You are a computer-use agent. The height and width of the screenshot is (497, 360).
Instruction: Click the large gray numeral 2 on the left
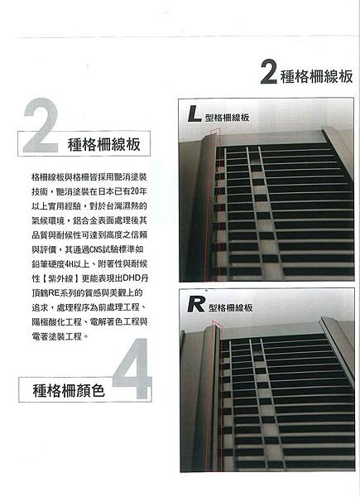41,125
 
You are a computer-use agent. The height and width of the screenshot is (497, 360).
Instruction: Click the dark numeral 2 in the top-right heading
269,72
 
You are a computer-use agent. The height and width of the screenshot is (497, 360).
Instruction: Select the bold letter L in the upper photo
194,114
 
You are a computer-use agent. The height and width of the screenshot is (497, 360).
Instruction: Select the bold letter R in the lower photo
195,304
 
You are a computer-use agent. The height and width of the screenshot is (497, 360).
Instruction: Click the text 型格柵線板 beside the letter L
227,118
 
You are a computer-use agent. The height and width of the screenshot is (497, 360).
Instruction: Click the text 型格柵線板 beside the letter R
231,308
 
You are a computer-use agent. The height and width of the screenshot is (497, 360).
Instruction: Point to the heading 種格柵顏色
69,390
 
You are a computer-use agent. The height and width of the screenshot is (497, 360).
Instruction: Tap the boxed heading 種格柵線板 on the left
103,144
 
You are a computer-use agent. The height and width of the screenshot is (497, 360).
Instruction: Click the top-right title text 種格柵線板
317,76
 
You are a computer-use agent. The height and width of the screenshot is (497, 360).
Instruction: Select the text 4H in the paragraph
68,264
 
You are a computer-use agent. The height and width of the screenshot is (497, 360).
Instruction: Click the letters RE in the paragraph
53,293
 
